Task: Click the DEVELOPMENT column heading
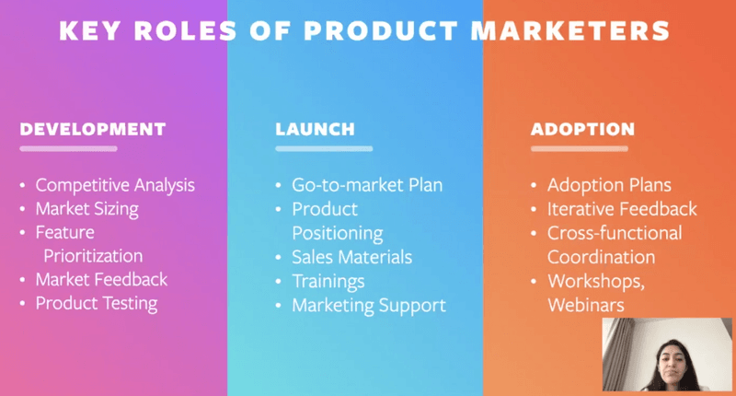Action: (93, 129)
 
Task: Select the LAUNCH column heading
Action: (315, 129)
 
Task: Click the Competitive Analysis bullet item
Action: (115, 184)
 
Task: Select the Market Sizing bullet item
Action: (86, 208)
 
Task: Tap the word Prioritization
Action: (93, 255)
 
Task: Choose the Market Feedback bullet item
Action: (101, 279)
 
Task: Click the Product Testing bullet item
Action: (97, 303)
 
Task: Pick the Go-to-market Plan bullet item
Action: (367, 184)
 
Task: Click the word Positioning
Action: (337, 233)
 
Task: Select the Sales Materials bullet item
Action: (351, 257)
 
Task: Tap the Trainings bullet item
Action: (328, 281)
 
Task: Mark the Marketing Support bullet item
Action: (368, 305)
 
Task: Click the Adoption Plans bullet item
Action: (609, 184)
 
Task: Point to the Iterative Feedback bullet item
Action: (622, 209)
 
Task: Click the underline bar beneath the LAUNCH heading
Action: (324, 148)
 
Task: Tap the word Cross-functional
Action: (615, 233)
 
